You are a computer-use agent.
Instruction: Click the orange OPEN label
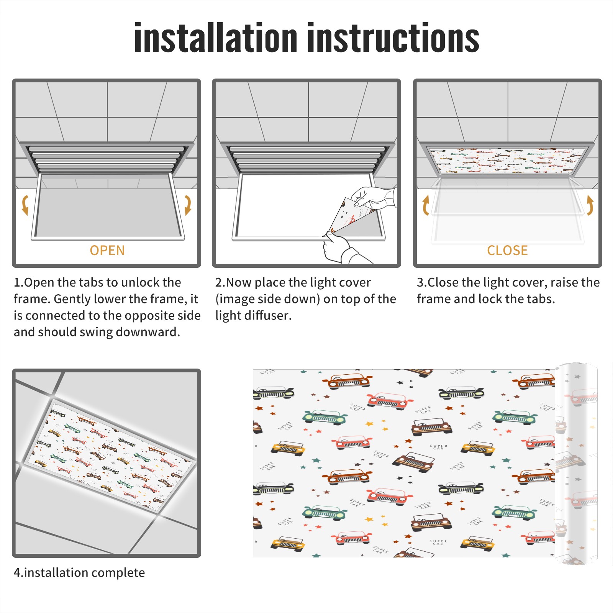[107, 251]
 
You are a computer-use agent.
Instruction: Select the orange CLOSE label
[507, 251]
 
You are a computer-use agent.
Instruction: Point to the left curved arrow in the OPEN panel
[25, 205]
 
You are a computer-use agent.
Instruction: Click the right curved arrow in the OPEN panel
[188, 205]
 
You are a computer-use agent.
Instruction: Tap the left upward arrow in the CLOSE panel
[426, 205]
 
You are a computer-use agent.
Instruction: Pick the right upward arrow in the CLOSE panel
[590, 205]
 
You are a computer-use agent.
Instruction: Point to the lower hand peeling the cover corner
[343, 247]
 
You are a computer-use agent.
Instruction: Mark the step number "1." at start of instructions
[18, 282]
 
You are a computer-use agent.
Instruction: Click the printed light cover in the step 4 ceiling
[111, 456]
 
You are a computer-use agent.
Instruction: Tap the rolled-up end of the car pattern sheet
[576, 464]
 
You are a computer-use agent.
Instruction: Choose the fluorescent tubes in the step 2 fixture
[306, 158]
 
